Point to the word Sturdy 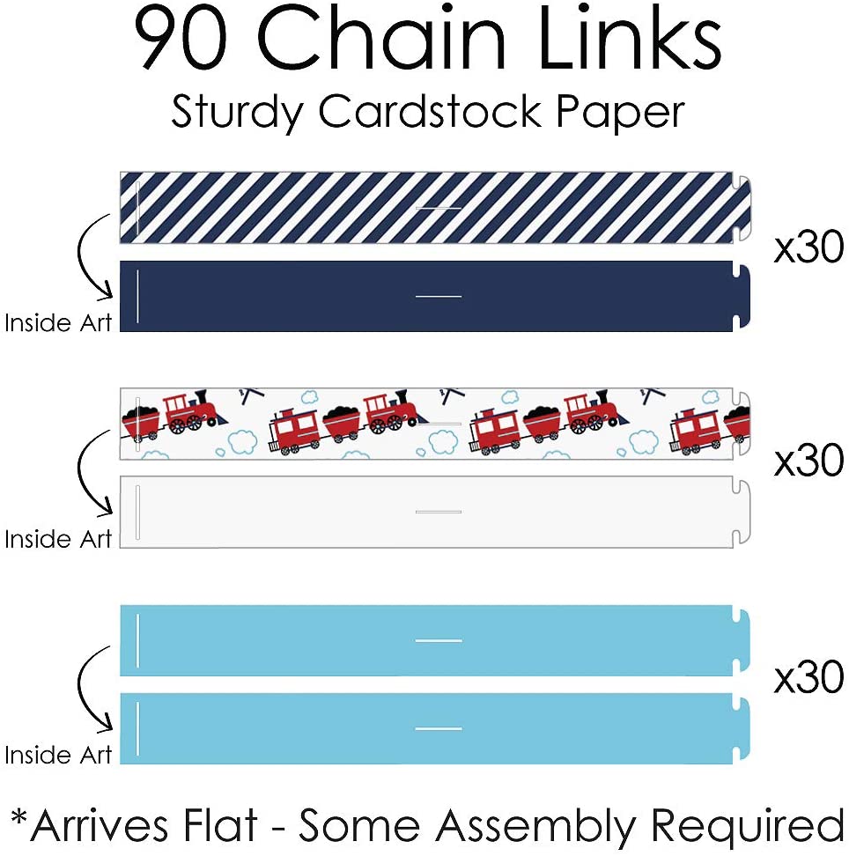[237, 113]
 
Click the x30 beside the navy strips [808, 249]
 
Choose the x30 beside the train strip [808, 461]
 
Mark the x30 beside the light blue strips [808, 678]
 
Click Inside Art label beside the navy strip [59, 323]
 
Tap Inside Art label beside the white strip [59, 539]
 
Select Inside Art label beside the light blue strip [59, 756]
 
